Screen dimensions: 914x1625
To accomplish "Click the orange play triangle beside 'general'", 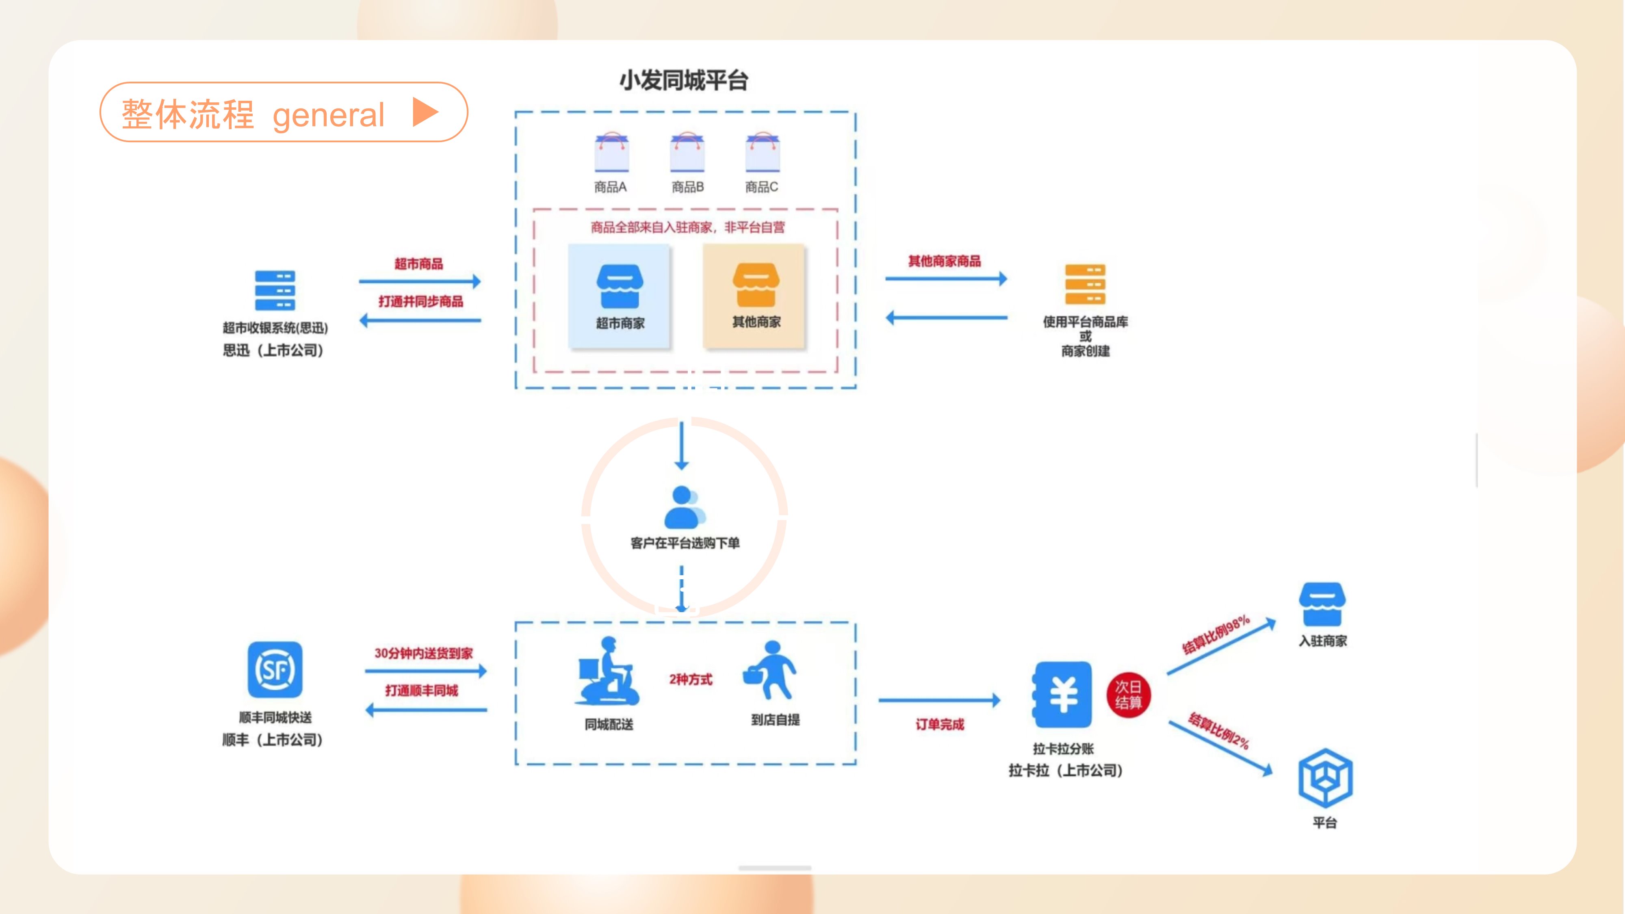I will [425, 112].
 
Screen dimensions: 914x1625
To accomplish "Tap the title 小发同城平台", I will [683, 81].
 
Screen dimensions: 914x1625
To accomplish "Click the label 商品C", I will [761, 187].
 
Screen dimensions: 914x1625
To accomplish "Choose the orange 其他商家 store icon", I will [756, 285].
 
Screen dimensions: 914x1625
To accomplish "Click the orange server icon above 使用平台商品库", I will [1085, 284].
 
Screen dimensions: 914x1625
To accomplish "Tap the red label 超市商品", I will [419, 264].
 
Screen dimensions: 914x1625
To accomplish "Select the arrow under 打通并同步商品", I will [420, 321].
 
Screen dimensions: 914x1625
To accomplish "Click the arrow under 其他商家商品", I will [946, 279].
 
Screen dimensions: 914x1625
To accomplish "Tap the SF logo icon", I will [275, 670].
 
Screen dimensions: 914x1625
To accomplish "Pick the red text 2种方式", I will [691, 679].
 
